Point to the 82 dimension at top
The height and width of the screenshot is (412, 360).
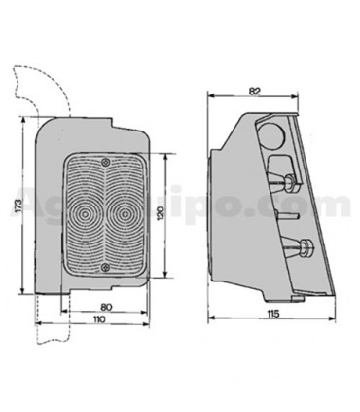point(256,91)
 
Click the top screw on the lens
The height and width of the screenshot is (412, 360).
point(105,161)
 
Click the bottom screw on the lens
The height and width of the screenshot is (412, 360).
point(105,266)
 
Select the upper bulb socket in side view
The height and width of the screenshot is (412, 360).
point(290,181)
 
